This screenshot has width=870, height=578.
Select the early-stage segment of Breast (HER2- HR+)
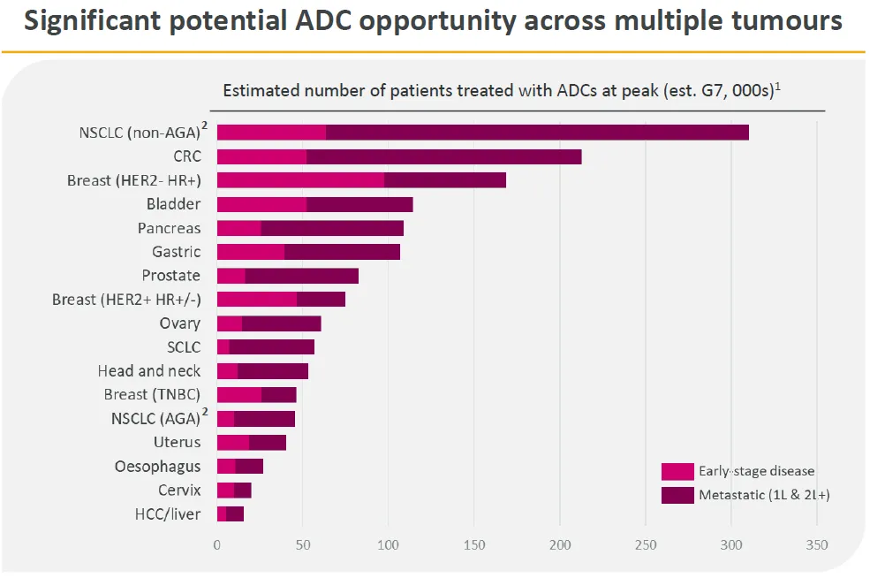click(300, 180)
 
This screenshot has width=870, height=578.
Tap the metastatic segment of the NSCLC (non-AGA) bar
click(537, 133)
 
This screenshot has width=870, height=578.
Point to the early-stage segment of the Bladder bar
click(261, 204)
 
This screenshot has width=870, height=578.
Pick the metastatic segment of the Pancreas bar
click(332, 228)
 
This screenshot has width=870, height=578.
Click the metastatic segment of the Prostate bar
click(302, 276)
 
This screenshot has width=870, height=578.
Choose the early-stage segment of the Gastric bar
click(251, 252)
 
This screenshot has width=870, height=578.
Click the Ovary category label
click(180, 323)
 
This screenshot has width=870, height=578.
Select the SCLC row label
click(184, 347)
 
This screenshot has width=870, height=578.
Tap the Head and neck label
click(149, 371)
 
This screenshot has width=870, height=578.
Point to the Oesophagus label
click(157, 467)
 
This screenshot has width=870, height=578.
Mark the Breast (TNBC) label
click(152, 395)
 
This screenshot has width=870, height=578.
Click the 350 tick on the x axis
click(817, 545)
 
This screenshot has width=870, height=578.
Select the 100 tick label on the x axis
click(389, 545)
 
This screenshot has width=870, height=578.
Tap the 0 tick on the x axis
click(217, 545)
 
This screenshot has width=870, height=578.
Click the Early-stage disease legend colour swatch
click(677, 472)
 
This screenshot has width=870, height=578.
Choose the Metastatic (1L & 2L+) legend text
click(764, 496)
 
